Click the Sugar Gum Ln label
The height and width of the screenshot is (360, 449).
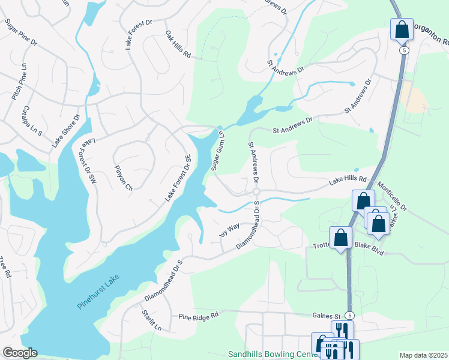217,151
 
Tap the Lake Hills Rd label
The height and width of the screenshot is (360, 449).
347,179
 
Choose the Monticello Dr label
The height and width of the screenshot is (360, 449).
391,197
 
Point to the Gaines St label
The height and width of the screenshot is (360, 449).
327,315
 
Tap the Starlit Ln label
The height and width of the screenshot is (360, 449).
152,320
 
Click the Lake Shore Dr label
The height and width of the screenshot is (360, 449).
65,131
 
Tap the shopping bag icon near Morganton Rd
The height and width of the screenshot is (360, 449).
401,28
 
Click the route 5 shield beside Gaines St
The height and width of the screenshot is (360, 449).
350,315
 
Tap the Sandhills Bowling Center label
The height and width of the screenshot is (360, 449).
273,355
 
